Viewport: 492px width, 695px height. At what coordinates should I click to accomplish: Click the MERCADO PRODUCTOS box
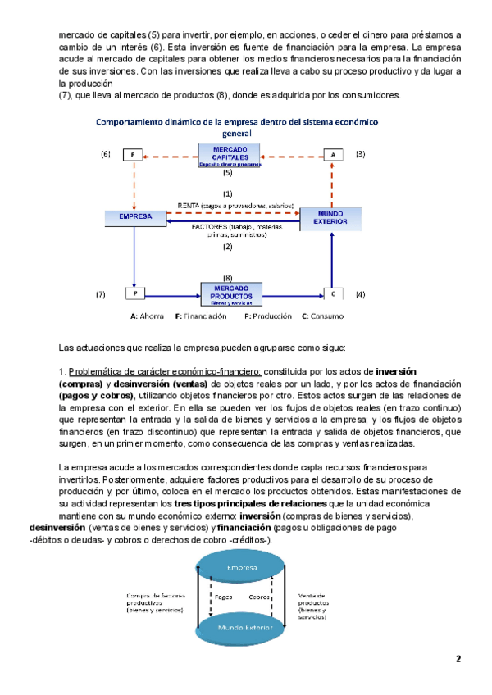[x=231, y=293]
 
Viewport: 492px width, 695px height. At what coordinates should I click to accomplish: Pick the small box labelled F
[x=134, y=154]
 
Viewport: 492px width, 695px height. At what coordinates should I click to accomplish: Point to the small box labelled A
[x=333, y=154]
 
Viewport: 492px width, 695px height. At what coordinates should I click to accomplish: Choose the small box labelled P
[x=134, y=293]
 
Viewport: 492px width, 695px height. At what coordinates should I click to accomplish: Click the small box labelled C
[x=333, y=293]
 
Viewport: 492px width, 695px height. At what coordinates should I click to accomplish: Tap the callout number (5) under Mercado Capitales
[x=227, y=173]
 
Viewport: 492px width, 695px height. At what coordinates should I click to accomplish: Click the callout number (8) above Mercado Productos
[x=227, y=278]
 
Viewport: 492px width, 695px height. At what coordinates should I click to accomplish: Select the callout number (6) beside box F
[x=105, y=154]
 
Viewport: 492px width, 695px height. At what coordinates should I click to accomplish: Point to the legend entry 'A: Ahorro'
[x=148, y=316]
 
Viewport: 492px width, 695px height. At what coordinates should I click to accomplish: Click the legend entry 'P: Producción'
[x=267, y=316]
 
